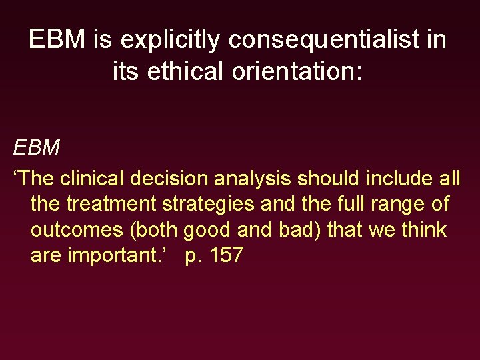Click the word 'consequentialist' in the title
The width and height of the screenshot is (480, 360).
[330, 40]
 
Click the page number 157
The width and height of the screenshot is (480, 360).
[224, 255]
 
